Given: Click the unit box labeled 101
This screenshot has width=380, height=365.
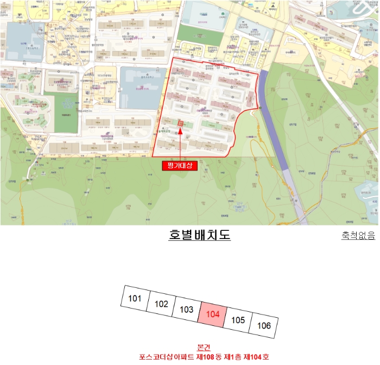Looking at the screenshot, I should pyautogui.click(x=135, y=298).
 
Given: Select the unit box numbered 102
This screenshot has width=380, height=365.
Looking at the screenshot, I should pyautogui.click(x=161, y=304).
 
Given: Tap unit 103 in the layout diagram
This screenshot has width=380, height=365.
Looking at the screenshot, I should pyautogui.click(x=186, y=310).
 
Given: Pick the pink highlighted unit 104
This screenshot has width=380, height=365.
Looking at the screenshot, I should pyautogui.click(x=213, y=314).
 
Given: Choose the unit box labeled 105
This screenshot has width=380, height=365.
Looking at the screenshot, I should pyautogui.click(x=238, y=320).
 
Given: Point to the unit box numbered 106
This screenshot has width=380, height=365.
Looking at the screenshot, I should pyautogui.click(x=264, y=325).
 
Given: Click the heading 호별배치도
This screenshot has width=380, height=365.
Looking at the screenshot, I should pyautogui.click(x=200, y=235).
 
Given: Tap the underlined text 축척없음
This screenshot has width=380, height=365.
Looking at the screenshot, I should pyautogui.click(x=358, y=236).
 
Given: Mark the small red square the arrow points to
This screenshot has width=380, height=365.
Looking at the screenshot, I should pyautogui.click(x=181, y=124).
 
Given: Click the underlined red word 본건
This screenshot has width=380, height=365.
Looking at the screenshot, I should pyautogui.click(x=204, y=348).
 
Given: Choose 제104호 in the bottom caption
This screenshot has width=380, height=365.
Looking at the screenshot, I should pyautogui.click(x=254, y=357).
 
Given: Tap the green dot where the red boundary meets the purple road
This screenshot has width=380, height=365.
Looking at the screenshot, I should pyautogui.click(x=260, y=108).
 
